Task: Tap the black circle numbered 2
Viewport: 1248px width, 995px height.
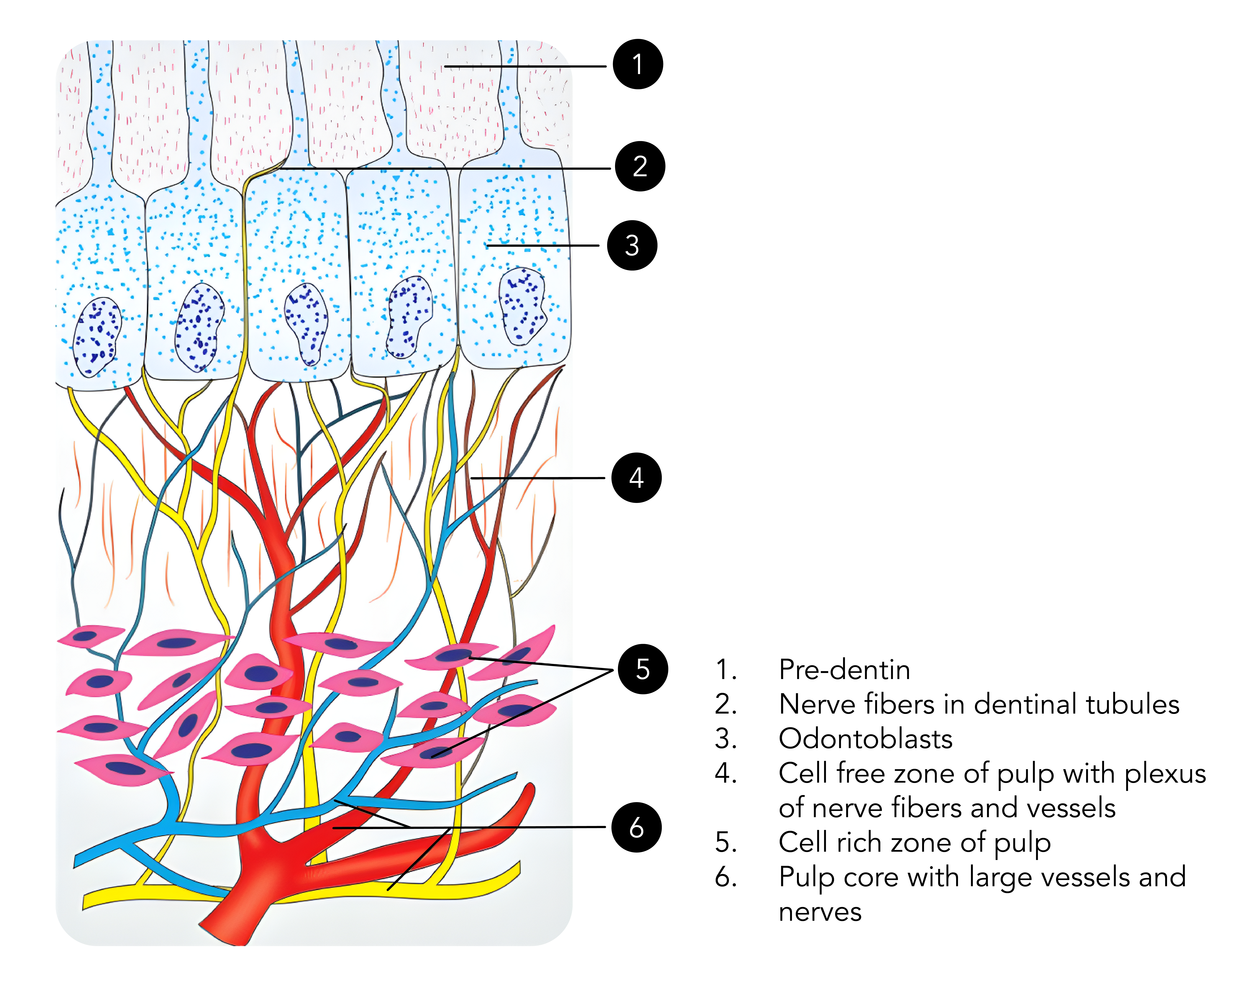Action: [x=640, y=166]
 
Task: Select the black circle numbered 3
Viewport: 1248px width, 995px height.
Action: [x=632, y=245]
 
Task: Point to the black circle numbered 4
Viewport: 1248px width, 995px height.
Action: [x=636, y=478]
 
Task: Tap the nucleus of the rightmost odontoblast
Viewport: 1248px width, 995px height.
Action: [x=522, y=306]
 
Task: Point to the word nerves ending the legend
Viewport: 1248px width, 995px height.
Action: [x=820, y=912]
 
